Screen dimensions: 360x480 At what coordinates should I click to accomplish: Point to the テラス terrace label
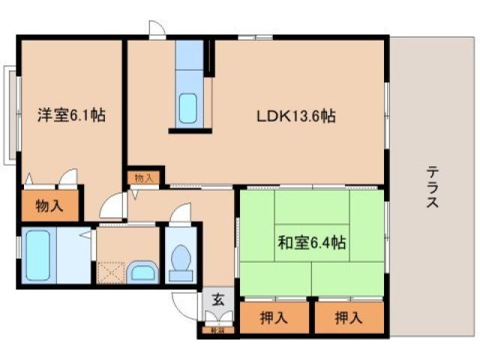pos(433,187)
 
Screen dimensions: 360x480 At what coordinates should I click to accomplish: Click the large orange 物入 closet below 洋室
pos(49,205)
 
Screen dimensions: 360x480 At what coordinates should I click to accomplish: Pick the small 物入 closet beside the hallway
pos(142,177)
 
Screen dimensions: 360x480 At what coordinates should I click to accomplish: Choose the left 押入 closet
pos(274,318)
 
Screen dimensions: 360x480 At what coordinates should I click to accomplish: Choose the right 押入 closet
pos(349,318)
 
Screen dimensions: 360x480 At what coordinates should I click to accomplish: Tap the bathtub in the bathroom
pos(36,256)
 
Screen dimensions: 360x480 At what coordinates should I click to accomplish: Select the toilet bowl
pos(181,259)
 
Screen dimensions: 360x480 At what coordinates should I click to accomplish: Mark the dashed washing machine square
pos(111,271)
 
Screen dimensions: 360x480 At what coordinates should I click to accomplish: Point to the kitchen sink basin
pos(187,108)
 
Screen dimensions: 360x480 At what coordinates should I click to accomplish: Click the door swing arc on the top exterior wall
pos(157,29)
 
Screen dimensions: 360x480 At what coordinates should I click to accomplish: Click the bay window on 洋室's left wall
pos(10,112)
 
